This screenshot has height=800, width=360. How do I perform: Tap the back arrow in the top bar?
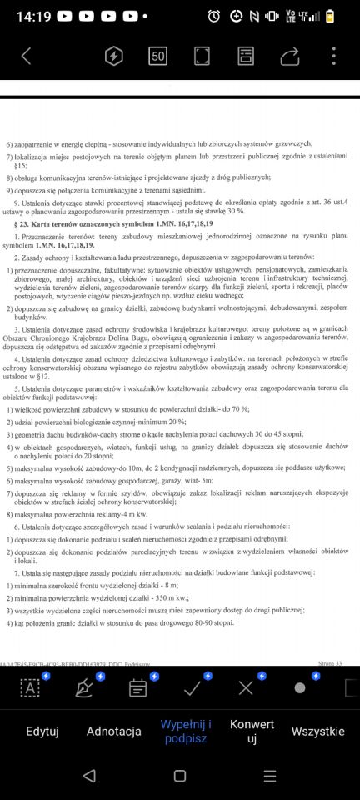(x=26, y=56)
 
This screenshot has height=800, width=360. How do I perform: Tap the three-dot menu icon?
(x=333, y=56)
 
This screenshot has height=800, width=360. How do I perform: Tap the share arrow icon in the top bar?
(x=289, y=56)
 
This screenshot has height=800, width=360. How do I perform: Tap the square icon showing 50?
(x=157, y=56)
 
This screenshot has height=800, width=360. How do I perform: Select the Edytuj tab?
(x=42, y=731)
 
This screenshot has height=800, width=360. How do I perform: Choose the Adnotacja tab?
(x=113, y=731)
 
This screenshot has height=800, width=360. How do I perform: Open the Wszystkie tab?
(x=317, y=731)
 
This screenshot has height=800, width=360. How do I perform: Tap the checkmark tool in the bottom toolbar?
(x=192, y=687)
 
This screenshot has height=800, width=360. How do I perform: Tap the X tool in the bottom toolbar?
(x=246, y=687)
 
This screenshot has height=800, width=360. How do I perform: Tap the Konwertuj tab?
(x=252, y=731)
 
